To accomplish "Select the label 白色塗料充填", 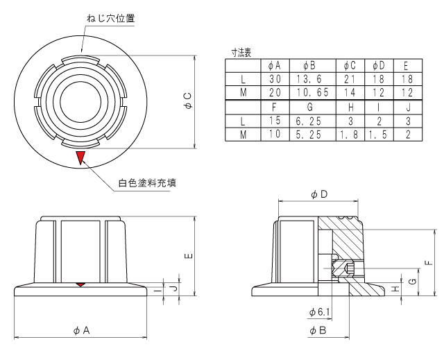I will click(x=146, y=183).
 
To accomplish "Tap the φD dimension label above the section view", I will click(x=320, y=196).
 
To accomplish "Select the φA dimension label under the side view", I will click(x=81, y=332).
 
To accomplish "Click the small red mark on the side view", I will click(x=81, y=284).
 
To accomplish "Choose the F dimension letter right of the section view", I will click(x=429, y=262).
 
